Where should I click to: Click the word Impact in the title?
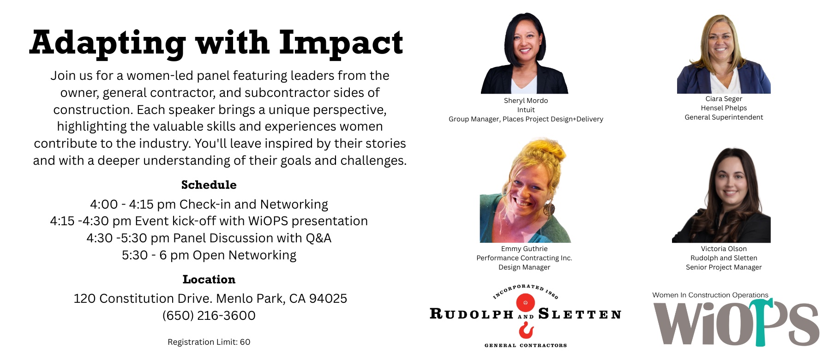coord(341,43)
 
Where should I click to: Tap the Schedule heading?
coord(209,185)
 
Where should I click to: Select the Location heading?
coord(209,279)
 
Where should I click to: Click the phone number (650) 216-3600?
coord(209,316)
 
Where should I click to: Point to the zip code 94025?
coord(328,299)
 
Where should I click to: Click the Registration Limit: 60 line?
coord(209,342)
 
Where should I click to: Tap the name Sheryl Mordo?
coord(526,101)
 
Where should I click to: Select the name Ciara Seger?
coord(724,99)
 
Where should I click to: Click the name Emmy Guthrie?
coord(524,249)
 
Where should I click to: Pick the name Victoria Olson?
coord(724,249)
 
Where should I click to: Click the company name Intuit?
coord(526,110)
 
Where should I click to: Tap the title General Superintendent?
coord(724,117)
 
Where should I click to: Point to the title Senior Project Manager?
coord(724,267)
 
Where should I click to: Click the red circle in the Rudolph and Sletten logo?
coord(525,303)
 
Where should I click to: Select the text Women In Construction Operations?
coord(710,295)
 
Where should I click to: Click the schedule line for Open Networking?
coord(209,255)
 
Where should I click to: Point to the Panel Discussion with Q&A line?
coord(209,238)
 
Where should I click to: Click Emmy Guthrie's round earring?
coord(549,209)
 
